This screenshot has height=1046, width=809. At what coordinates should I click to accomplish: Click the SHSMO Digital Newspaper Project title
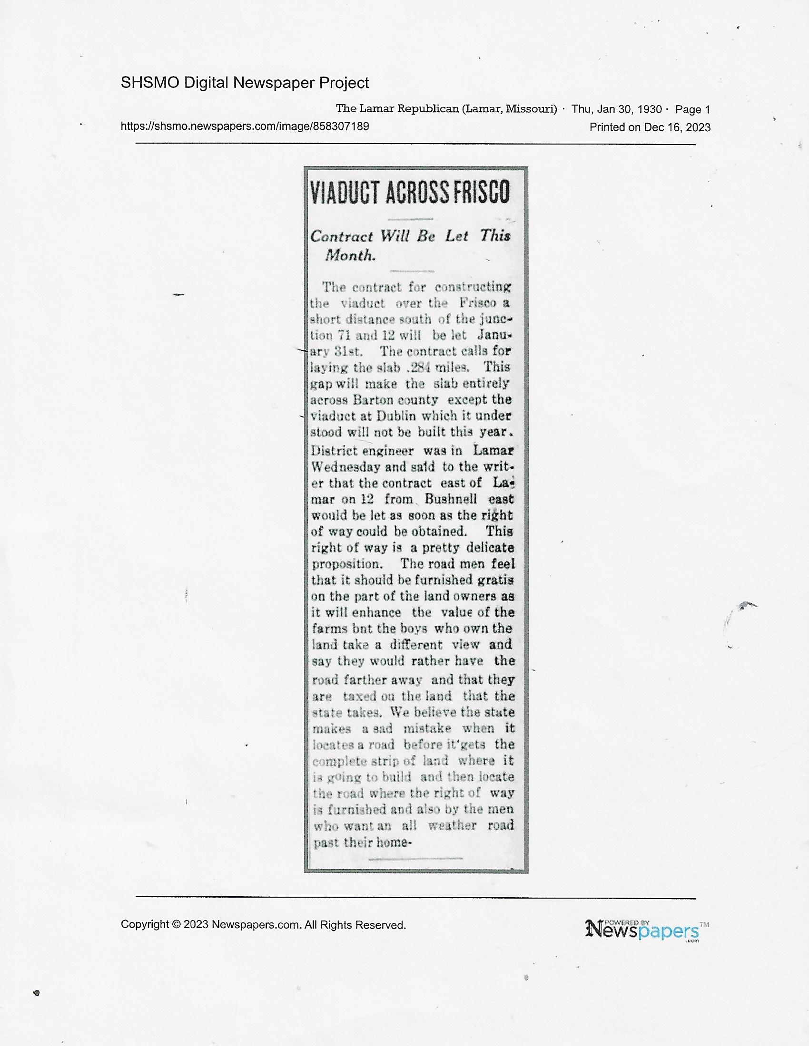click(245, 83)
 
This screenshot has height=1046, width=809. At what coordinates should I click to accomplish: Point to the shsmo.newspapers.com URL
click(245, 126)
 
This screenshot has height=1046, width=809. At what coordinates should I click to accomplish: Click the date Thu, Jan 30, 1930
click(616, 109)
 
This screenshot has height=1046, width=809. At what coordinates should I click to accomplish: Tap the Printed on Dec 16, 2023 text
click(650, 127)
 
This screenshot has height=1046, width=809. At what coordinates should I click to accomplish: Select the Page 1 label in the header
click(692, 109)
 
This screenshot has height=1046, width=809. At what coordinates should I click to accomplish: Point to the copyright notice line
click(263, 925)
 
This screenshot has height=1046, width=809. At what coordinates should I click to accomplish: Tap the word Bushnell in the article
click(451, 499)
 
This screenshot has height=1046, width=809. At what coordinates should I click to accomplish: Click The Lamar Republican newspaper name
click(397, 109)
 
